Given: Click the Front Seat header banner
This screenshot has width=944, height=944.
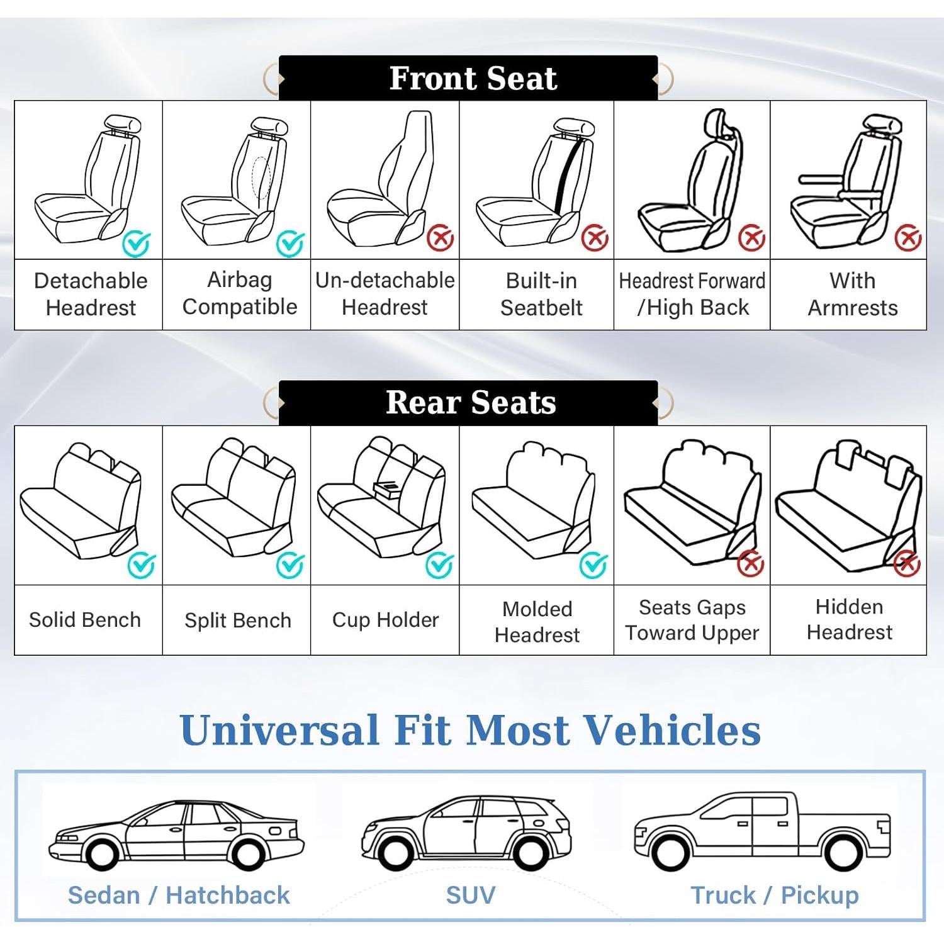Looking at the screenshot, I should [x=469, y=78].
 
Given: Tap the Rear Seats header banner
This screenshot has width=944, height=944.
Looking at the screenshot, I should [x=469, y=403].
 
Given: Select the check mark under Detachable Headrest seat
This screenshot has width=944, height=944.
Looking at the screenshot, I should [x=136, y=243].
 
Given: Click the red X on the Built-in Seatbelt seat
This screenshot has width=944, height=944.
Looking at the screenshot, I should [x=595, y=238].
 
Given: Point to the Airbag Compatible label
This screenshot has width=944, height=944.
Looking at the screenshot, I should [x=239, y=293].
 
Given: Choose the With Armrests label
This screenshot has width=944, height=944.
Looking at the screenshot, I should [x=852, y=294].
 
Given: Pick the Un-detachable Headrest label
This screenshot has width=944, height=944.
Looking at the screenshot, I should [x=385, y=294].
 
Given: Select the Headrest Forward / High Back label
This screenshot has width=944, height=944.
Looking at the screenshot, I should [x=692, y=294].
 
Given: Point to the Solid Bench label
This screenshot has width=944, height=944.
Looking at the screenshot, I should [x=85, y=620].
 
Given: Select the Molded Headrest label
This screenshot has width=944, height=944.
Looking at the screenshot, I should [x=537, y=622].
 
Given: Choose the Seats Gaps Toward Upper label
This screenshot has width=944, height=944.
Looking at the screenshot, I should [x=692, y=620].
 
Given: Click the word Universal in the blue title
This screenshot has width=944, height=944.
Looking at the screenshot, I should [x=279, y=731].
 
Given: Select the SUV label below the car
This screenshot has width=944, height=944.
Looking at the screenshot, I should [x=470, y=895].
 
